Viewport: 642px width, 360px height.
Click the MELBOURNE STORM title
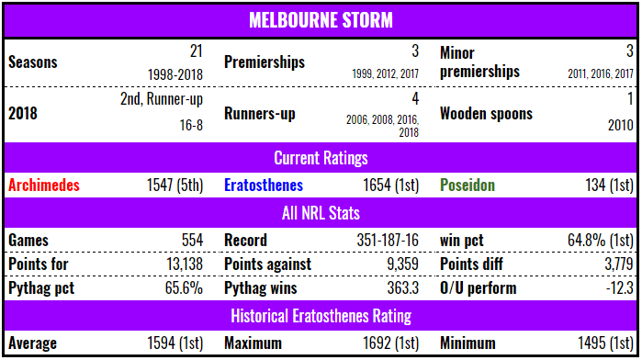click(320, 18)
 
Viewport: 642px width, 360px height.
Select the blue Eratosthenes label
click(265, 185)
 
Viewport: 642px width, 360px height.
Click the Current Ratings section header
click(320, 158)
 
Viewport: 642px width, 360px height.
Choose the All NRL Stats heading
click(320, 214)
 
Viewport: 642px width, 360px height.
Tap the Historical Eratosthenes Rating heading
click(320, 317)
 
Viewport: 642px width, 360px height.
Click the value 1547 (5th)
click(170, 185)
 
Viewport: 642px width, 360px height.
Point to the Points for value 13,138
click(179, 264)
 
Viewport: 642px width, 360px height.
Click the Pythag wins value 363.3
click(400, 288)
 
